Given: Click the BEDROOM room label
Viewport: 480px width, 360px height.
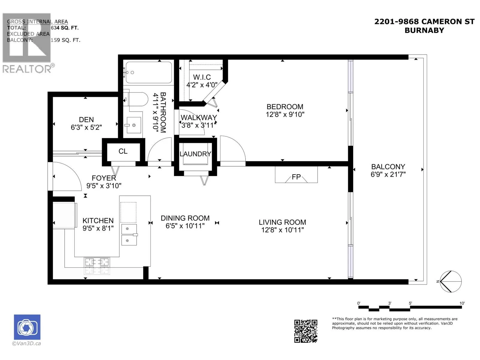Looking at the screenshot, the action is [285, 107].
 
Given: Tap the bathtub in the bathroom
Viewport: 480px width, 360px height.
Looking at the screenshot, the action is [149, 72].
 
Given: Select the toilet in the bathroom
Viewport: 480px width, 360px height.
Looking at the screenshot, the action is [136, 99].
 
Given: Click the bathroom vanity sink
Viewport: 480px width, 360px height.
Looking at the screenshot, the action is [133, 125].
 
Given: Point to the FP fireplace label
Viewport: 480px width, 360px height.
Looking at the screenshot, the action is [296, 177].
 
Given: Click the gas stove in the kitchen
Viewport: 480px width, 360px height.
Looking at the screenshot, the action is [97, 266].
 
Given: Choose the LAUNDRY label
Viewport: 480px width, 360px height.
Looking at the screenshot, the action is [195, 154].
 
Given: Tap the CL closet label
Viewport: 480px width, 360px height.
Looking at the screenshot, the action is [123, 151].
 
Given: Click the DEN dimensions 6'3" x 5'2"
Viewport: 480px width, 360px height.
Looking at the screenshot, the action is [86, 127].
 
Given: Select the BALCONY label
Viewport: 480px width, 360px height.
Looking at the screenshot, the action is [388, 167].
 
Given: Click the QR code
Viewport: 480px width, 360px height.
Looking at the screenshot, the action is [305, 331].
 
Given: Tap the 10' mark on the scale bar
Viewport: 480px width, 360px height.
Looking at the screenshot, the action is [462, 303].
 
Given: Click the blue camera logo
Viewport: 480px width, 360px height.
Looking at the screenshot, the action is [27, 327].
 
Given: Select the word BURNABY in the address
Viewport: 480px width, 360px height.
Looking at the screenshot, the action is [424, 30].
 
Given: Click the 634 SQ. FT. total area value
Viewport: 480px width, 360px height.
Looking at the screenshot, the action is [64, 28].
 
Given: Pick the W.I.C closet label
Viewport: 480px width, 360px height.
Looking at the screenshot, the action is [202, 77].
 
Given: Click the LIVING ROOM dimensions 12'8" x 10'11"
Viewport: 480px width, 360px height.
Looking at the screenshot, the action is [283, 230].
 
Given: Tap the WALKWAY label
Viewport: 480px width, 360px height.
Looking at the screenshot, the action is [199, 118].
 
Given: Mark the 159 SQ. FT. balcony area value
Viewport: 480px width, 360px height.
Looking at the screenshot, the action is [65, 40].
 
